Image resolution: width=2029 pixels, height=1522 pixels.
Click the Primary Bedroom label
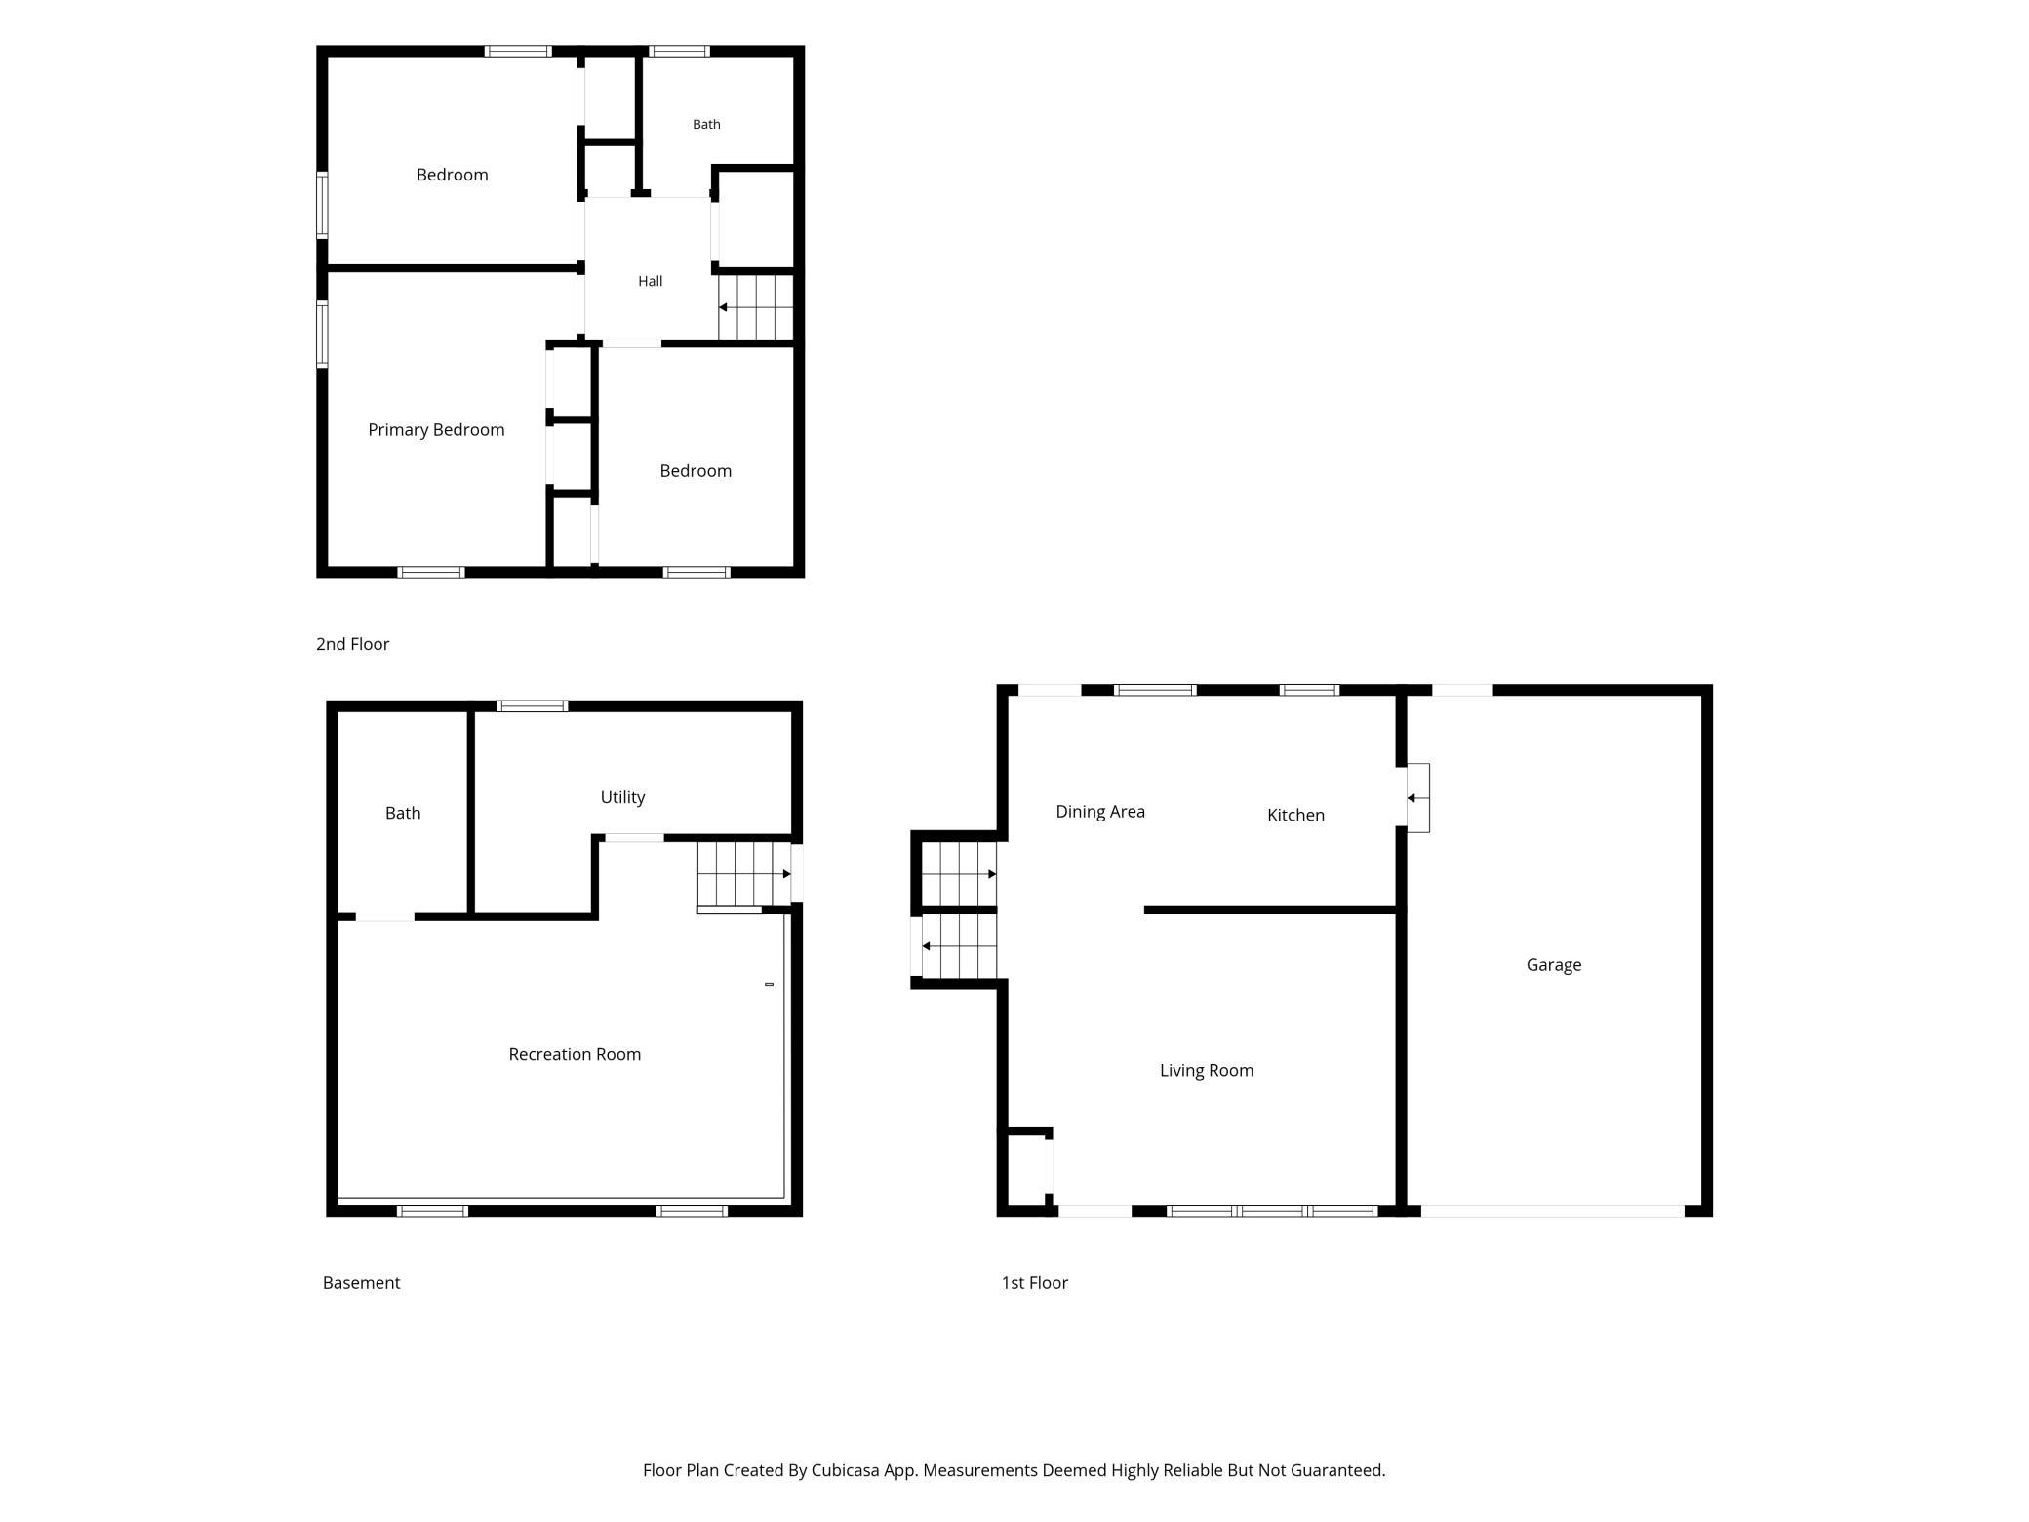point(436,430)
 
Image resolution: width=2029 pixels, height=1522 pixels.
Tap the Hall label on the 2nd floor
point(651,281)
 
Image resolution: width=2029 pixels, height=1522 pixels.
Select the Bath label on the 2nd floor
point(706,124)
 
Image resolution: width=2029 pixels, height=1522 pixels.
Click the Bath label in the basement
point(403,813)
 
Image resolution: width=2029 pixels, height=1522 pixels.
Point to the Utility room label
point(622,797)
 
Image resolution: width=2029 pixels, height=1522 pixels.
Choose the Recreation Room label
point(575,1054)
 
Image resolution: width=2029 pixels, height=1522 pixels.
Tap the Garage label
point(1554,965)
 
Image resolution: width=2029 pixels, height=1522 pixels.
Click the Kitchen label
point(1295,815)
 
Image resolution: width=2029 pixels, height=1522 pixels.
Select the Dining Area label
point(1100,812)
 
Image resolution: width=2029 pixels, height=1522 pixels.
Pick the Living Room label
point(1207,1071)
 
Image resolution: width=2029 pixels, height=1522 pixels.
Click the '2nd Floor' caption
point(353,644)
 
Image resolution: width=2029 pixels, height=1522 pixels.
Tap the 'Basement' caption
point(361,1283)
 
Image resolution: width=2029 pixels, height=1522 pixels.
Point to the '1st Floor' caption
point(1035,1283)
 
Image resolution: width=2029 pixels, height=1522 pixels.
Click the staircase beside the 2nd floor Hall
point(755,307)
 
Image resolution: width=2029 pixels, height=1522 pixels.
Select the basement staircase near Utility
point(744,874)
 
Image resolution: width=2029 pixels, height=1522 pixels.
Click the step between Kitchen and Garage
point(1417,798)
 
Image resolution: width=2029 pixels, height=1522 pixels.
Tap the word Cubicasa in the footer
point(848,1470)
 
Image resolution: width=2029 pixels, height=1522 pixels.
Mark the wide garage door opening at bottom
point(1552,1211)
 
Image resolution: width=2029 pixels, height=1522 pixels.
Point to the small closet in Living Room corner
point(1026,1170)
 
